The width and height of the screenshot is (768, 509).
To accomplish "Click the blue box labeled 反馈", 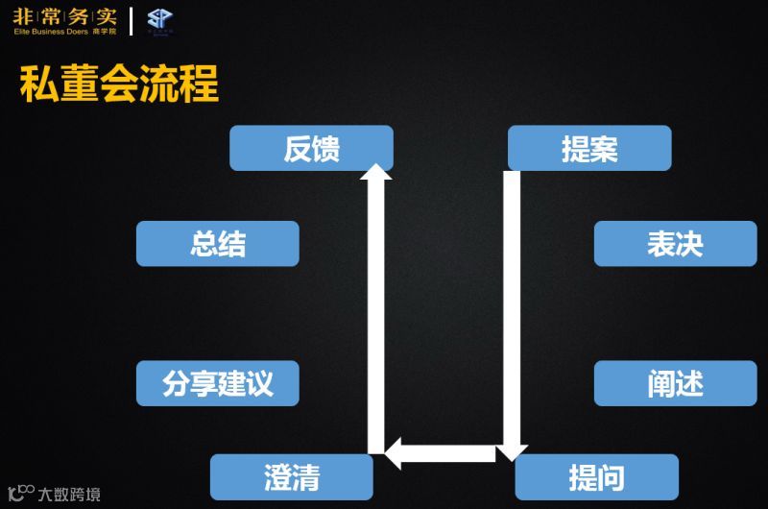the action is (311, 148).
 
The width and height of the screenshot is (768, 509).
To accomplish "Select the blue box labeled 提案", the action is (588, 148).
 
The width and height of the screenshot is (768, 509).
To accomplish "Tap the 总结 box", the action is (217, 243).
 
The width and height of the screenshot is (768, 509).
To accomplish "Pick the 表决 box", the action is (675, 243).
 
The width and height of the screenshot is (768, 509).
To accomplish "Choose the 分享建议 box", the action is (217, 383).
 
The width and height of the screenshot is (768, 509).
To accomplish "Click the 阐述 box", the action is (675, 383).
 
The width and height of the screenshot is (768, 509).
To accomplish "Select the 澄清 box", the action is (291, 476).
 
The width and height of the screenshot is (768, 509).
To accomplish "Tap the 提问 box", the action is (596, 476).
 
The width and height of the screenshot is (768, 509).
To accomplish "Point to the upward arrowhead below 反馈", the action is (375, 172).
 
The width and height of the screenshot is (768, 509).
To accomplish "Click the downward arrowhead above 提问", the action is (512, 451).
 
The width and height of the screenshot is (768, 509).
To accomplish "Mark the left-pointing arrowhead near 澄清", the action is (392, 452).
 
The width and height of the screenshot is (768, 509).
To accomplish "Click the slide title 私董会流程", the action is (119, 85).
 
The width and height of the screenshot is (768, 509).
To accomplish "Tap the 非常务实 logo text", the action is (64, 15).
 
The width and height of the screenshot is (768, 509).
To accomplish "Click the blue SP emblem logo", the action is (159, 19).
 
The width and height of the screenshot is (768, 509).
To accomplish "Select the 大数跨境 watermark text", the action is (68, 495).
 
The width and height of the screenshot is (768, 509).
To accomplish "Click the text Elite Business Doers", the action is (50, 32).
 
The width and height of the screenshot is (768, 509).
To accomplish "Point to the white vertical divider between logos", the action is (132, 20).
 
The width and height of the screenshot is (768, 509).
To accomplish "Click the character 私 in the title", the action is (38, 85).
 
